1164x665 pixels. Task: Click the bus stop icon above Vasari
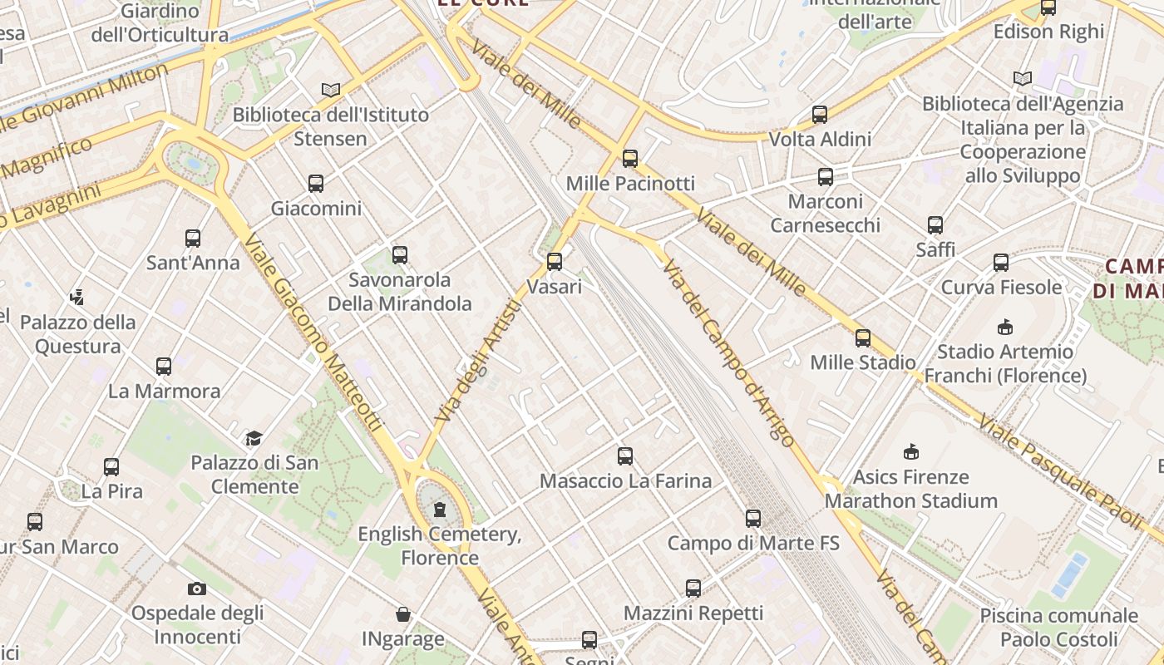tap(555, 262)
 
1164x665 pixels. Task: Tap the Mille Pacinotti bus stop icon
tap(630, 158)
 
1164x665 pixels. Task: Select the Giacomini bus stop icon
tap(316, 184)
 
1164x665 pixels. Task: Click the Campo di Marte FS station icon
tap(753, 519)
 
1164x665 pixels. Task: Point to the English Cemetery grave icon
tap(439, 509)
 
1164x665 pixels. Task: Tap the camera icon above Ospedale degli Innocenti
tap(196, 589)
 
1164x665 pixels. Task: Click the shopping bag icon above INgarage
tap(403, 614)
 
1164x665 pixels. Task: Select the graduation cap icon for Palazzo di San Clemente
tap(254, 438)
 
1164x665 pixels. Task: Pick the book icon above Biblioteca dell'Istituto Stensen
tap(331, 90)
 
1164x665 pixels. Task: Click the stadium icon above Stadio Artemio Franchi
tap(1005, 327)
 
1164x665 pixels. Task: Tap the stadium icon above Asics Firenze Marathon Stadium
tap(911, 452)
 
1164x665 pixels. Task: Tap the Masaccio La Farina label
tap(625, 480)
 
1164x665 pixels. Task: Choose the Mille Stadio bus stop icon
tap(863, 338)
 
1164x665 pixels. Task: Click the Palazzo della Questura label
tap(78, 334)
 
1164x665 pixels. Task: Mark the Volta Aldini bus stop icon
tap(820, 115)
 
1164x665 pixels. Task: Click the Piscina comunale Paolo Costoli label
tap(1058, 628)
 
